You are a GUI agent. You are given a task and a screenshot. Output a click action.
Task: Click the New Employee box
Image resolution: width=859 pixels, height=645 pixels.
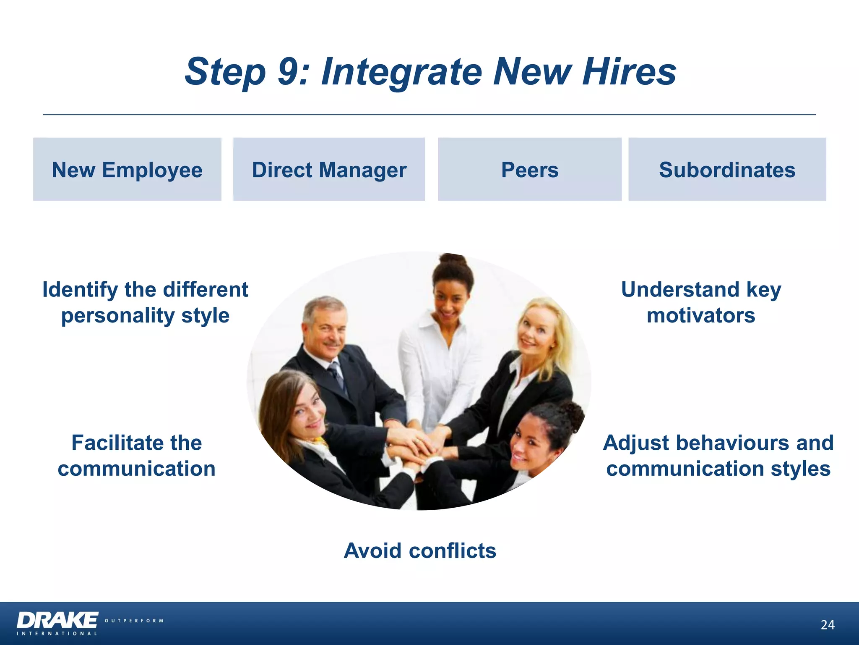click(127, 169)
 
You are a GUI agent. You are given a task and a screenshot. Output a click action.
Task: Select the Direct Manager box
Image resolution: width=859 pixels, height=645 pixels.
click(329, 169)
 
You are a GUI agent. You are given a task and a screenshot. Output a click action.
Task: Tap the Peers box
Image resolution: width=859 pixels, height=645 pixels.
click(530, 169)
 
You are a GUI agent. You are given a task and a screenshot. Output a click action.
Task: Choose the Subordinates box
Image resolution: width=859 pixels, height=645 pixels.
click(727, 169)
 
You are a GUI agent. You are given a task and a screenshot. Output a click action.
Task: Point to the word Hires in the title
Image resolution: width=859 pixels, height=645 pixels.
click(629, 71)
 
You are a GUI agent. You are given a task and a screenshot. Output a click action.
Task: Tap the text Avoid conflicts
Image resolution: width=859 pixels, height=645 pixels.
click(420, 551)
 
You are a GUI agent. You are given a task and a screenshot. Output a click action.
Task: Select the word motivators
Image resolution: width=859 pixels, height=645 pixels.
click(701, 315)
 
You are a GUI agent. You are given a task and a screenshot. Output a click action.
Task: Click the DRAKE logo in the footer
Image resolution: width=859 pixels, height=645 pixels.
click(57, 620)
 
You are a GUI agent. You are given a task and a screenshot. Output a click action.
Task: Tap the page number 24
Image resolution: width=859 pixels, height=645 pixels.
click(828, 625)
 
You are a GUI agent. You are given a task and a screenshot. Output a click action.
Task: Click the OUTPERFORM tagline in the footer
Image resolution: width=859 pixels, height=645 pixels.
click(134, 621)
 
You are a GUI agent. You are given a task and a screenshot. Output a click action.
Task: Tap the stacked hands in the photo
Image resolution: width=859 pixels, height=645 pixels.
click(415, 445)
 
